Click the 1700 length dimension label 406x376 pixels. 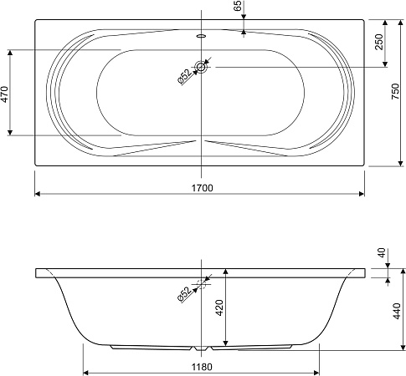tap(202, 188)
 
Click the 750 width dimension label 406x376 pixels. tap(395, 91)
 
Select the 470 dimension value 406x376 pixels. tap(6, 94)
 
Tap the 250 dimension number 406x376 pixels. tap(378, 42)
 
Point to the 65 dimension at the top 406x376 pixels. tap(237, 6)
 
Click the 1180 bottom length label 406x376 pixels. tap(202, 367)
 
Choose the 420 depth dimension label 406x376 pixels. tap(220, 307)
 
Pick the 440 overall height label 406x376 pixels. tap(398, 311)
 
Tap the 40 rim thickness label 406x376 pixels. tap(382, 252)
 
